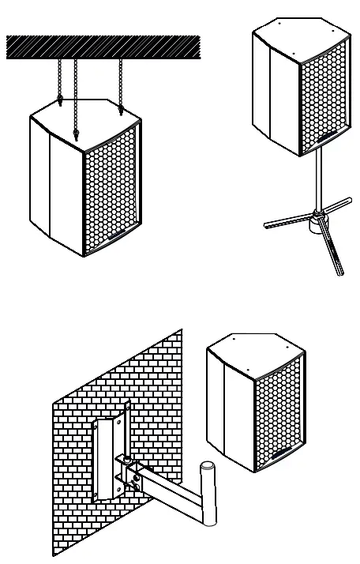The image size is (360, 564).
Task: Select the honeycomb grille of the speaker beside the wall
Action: [x=278, y=415]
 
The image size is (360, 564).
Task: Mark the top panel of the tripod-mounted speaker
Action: [x=300, y=36]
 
